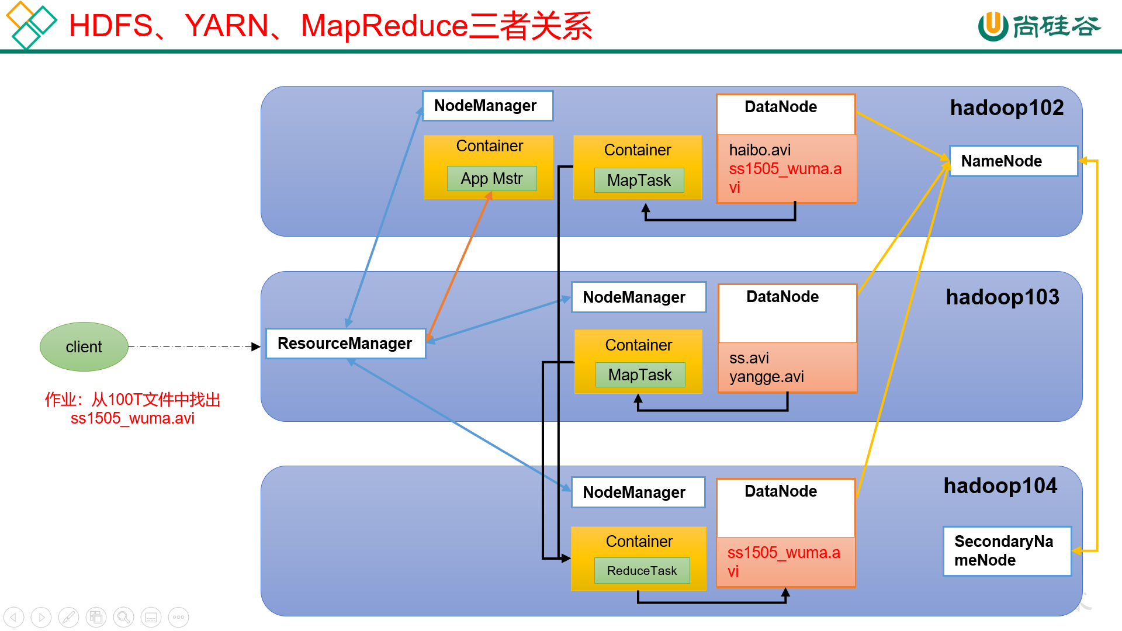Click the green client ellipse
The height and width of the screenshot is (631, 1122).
click(84, 346)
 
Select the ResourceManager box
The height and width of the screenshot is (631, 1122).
click(345, 344)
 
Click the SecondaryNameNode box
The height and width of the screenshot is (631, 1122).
click(1006, 551)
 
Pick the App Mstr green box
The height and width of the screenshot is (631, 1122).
click(491, 179)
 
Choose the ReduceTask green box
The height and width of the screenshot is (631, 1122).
click(642, 571)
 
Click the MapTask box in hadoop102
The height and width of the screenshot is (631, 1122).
click(639, 181)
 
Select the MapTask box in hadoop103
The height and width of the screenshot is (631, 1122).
click(640, 375)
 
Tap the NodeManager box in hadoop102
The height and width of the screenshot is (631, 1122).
click(487, 106)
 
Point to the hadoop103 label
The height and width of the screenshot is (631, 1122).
click(1002, 297)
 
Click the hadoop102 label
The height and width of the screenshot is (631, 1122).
click(1006, 108)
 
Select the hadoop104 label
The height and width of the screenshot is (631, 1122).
click(1000, 486)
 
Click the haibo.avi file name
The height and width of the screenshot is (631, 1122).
click(760, 150)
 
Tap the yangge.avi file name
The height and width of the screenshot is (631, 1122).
click(766, 377)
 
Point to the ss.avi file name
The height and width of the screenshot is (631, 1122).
click(749, 358)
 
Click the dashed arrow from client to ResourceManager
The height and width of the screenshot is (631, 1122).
click(193, 346)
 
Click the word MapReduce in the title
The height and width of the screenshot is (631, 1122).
click(385, 26)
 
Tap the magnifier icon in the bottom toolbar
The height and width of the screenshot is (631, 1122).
click(123, 617)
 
